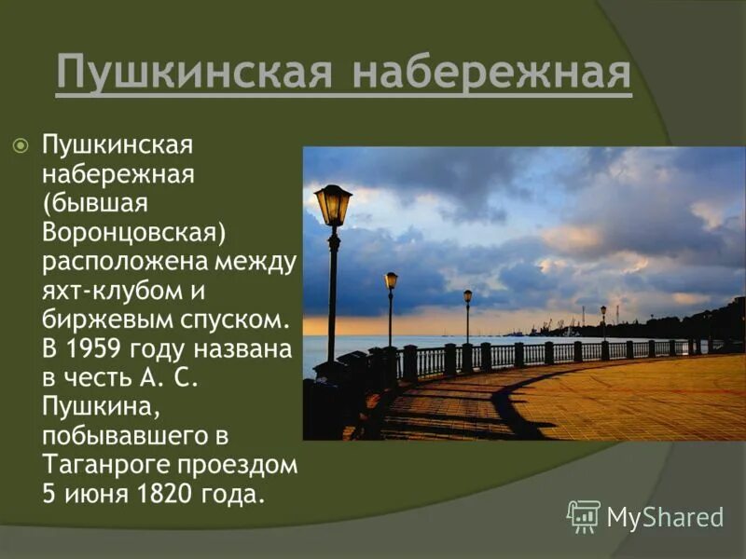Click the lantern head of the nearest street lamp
[333, 204]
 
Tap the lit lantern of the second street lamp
[391, 279]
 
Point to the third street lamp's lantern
[467, 296]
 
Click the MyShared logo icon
[584, 515]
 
